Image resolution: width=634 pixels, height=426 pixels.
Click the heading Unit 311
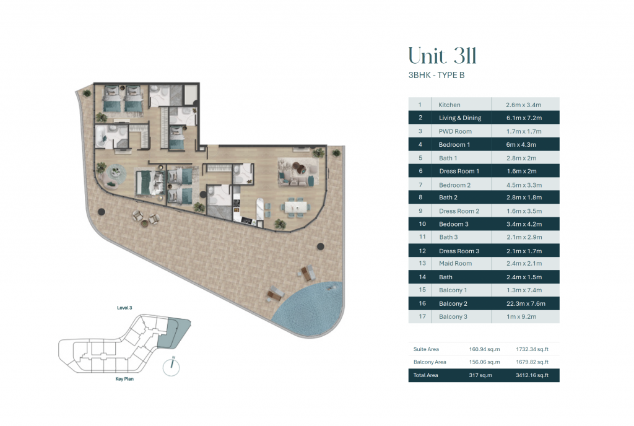point(442,56)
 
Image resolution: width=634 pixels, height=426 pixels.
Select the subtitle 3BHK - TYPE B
point(436,75)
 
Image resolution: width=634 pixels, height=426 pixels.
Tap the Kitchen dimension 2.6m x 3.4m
point(523,105)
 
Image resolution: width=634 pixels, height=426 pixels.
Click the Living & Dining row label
point(460,118)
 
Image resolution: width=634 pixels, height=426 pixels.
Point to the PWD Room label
point(455,131)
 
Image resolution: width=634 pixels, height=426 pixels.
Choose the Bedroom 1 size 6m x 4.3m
point(521,145)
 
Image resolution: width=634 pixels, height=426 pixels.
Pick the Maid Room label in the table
point(455,264)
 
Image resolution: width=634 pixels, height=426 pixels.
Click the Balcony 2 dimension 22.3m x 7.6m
point(526,303)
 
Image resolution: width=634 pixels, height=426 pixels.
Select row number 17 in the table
point(422,316)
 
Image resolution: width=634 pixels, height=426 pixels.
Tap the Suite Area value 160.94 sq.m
point(484,349)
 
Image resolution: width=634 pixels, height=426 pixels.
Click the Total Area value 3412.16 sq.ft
point(532,375)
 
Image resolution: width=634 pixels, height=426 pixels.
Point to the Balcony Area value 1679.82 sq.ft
point(532,362)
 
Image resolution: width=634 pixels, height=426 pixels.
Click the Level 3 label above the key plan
point(124,308)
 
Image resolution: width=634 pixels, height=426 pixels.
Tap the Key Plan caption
point(124,379)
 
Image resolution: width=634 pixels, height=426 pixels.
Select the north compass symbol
point(172,367)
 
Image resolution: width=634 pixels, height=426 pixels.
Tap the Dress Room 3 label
point(459,251)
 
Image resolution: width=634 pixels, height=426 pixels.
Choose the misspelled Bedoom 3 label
point(454,224)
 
